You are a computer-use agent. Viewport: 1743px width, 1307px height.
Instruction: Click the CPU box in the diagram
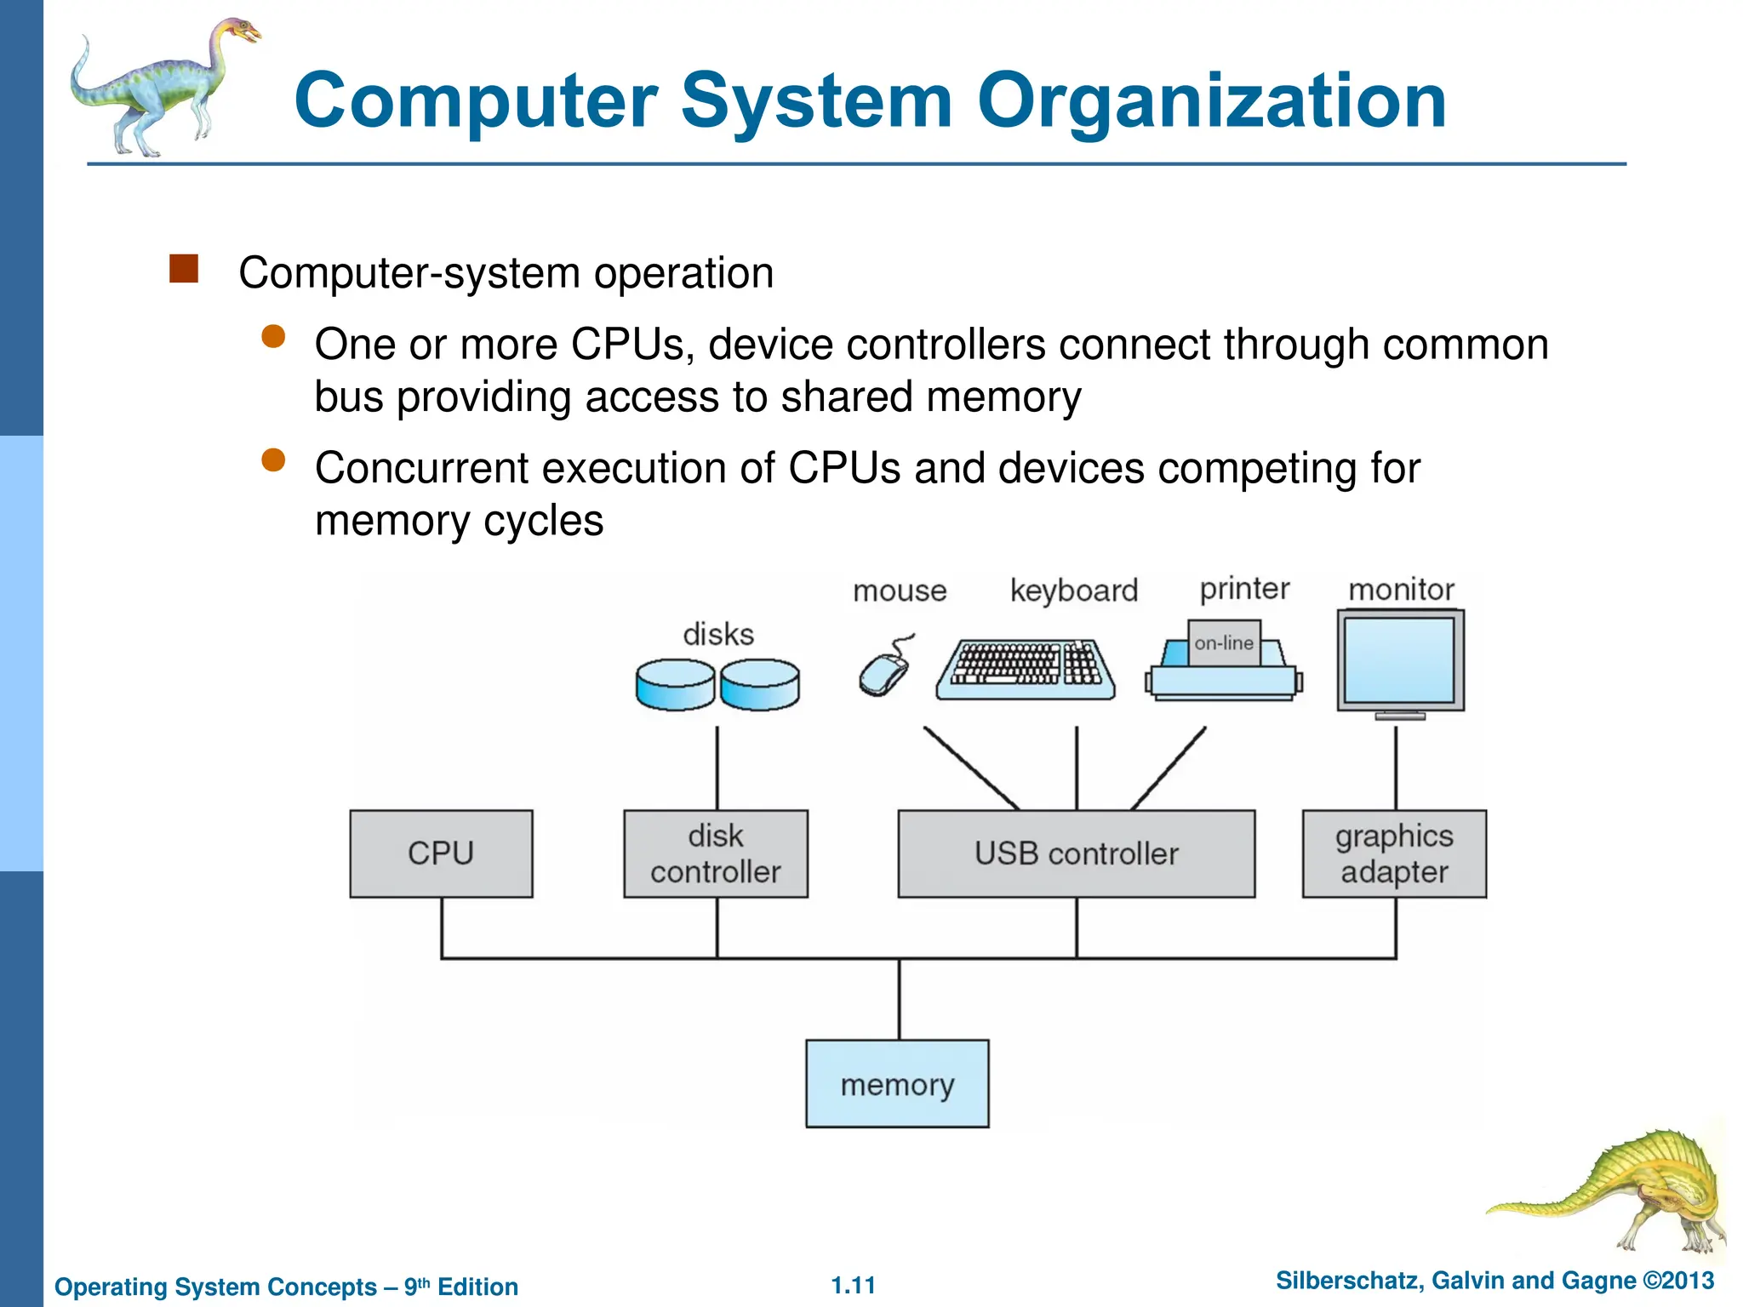(441, 853)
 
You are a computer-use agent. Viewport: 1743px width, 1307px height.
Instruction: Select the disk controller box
(716, 853)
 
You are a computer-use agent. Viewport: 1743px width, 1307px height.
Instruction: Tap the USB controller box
(1076, 853)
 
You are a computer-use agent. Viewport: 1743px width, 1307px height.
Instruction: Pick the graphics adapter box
(1394, 853)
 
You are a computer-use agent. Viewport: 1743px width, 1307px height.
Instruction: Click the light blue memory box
(897, 1084)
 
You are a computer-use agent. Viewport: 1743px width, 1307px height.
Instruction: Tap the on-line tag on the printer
(1224, 643)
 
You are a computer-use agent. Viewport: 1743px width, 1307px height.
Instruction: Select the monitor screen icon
(1400, 660)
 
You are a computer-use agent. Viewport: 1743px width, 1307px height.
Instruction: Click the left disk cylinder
(675, 684)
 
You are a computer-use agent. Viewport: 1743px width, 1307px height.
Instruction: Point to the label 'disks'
(718, 635)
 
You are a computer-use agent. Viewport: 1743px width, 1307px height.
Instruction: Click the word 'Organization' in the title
(1211, 101)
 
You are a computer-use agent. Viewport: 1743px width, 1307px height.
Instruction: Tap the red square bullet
(184, 269)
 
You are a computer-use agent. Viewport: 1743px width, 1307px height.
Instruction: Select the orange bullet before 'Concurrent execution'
(273, 460)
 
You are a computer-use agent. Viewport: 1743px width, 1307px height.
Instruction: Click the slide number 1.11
(853, 1285)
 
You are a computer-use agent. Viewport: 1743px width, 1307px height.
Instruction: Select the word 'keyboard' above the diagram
(1073, 590)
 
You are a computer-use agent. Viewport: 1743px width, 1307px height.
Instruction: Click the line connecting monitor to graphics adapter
(1396, 766)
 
